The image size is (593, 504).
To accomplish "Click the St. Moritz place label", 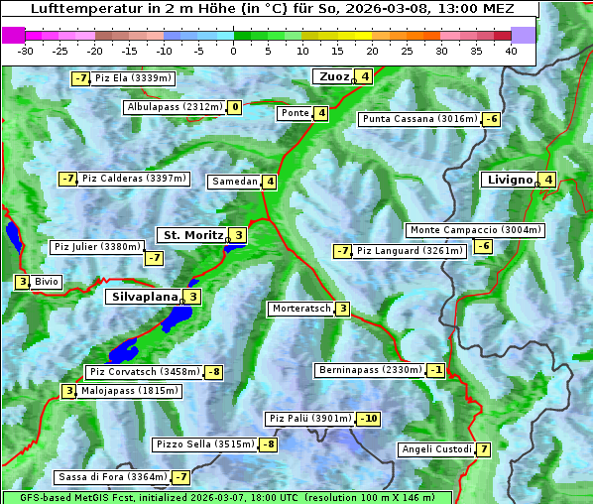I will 192,235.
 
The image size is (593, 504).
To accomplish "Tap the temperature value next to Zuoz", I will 365,76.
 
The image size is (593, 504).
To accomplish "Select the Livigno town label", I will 510,180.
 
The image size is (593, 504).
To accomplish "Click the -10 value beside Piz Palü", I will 369,419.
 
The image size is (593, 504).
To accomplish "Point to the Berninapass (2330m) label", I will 370,370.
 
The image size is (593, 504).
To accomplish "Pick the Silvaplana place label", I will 144,296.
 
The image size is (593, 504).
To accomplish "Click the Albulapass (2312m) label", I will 175,107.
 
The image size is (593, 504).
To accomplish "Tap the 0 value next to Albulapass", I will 234,107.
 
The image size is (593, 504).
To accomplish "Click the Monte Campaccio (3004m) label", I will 475,230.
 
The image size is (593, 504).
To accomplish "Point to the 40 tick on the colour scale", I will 511,51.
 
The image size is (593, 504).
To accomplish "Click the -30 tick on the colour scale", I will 26,51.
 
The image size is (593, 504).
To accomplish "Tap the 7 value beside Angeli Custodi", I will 483,449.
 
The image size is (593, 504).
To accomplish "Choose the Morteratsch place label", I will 300,309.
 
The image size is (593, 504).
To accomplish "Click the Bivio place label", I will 47,283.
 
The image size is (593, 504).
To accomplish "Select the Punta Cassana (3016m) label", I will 419,119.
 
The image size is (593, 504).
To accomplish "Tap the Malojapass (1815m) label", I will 116,391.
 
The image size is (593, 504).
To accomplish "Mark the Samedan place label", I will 234,182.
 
